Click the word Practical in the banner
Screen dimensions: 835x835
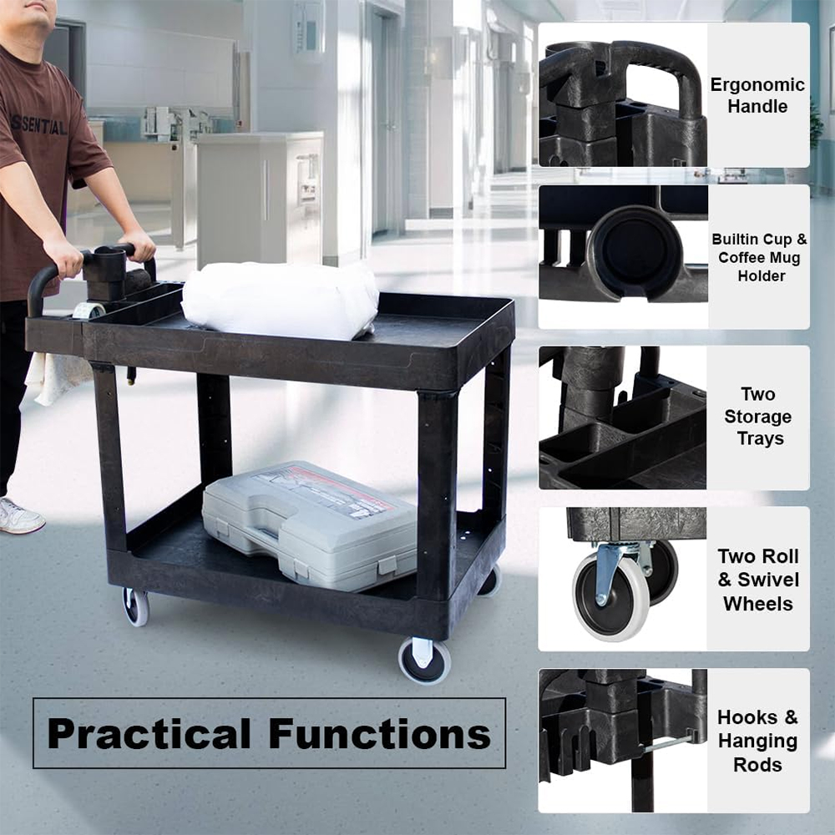149,734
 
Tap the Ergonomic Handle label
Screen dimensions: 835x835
757,95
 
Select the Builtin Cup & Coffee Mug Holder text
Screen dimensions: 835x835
759,257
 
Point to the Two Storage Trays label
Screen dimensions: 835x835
758,416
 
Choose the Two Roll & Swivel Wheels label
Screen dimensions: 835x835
758,579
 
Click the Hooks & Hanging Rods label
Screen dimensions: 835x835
758,741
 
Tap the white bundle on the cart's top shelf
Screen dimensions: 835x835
281,300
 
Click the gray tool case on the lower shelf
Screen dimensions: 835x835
310,524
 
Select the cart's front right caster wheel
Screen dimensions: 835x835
424,660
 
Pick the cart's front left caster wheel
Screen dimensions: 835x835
136,606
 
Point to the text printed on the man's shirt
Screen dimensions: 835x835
38,126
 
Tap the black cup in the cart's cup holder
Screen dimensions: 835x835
105,273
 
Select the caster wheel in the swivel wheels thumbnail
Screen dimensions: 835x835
611,595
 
